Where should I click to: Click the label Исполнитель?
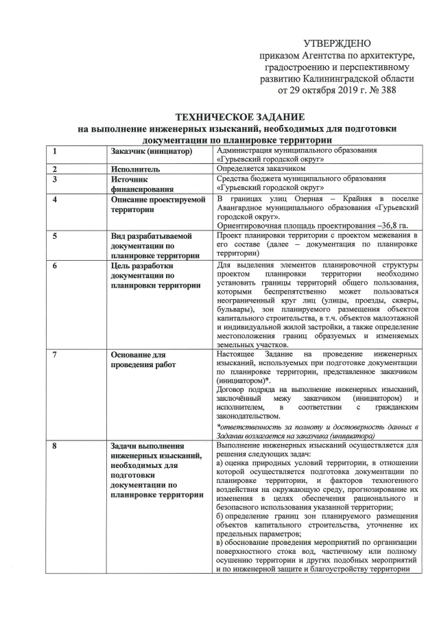tap(135, 168)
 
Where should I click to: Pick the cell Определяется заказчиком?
tap(260, 168)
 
